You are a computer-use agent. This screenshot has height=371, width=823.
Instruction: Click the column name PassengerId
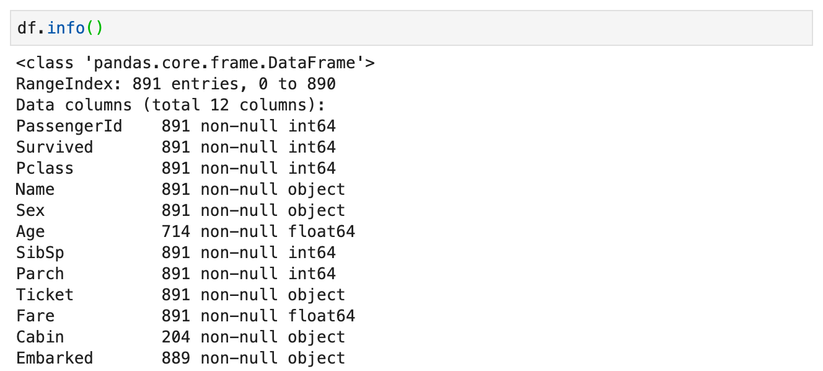click(69, 127)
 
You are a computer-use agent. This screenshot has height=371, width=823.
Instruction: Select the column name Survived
click(55, 148)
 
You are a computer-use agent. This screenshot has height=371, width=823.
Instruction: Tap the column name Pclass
click(45, 169)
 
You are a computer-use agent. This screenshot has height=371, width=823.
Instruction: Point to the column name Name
click(35, 190)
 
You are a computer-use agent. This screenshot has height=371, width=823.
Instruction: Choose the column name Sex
click(30, 211)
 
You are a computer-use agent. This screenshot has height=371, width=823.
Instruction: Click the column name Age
click(30, 232)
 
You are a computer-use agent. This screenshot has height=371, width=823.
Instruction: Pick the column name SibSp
click(40, 253)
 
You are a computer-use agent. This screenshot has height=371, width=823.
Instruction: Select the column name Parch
click(40, 274)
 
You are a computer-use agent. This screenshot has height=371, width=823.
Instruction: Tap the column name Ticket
click(45, 295)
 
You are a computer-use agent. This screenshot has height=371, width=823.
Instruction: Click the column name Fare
click(35, 316)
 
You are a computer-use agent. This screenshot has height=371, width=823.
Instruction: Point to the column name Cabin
click(40, 337)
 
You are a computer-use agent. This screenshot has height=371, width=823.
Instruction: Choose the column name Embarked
click(55, 359)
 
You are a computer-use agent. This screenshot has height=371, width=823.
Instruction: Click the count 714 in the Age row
click(176, 232)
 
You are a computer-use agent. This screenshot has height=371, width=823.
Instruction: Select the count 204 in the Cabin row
click(176, 337)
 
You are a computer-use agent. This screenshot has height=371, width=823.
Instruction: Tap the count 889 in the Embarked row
click(176, 359)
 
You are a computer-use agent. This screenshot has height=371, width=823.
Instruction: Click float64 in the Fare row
click(321, 316)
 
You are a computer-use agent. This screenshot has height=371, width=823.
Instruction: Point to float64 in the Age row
click(321, 232)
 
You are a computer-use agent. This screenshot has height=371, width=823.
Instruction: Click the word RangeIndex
click(64, 84)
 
